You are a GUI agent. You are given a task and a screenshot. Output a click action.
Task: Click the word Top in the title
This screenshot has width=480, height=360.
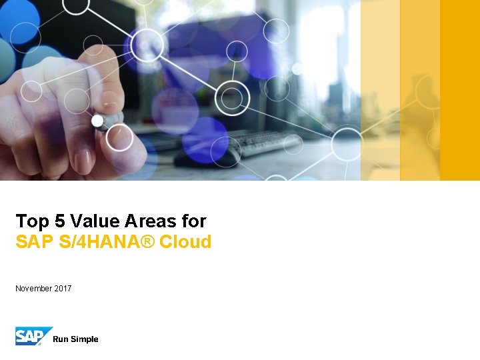coord(29,221)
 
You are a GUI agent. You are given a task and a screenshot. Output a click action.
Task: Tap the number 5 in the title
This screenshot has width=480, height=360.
coord(55,221)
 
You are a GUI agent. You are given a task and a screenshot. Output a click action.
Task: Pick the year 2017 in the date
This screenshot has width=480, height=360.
coord(63,289)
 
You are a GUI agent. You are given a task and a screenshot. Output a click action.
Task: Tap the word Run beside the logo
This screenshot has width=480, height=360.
coord(60,339)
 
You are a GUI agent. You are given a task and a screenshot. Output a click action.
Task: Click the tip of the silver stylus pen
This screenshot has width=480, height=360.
coord(98,121)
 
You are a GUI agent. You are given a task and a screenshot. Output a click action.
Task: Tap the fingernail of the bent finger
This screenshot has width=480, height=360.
coord(83,159)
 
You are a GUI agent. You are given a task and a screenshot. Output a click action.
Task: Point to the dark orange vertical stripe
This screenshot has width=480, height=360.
coord(460,90)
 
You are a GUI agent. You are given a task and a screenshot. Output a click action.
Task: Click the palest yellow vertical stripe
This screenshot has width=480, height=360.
coord(380,90)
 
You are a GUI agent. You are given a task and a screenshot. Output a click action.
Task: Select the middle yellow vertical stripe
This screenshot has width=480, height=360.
coord(420,90)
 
